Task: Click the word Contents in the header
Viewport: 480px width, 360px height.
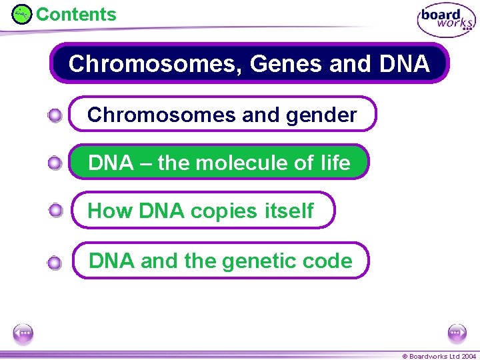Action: coord(75,14)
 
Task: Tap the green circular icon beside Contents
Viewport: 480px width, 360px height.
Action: coord(22,14)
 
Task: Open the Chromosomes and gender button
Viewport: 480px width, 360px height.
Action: coord(223,115)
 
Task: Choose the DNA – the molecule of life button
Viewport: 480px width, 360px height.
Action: coord(219,163)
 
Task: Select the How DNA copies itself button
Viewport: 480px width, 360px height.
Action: coord(202,211)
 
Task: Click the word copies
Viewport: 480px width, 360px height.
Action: coord(223,211)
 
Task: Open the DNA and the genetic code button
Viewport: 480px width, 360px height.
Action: coord(220,260)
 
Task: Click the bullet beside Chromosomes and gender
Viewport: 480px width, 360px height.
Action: coord(55,116)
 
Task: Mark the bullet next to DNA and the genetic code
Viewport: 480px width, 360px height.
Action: coord(55,263)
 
